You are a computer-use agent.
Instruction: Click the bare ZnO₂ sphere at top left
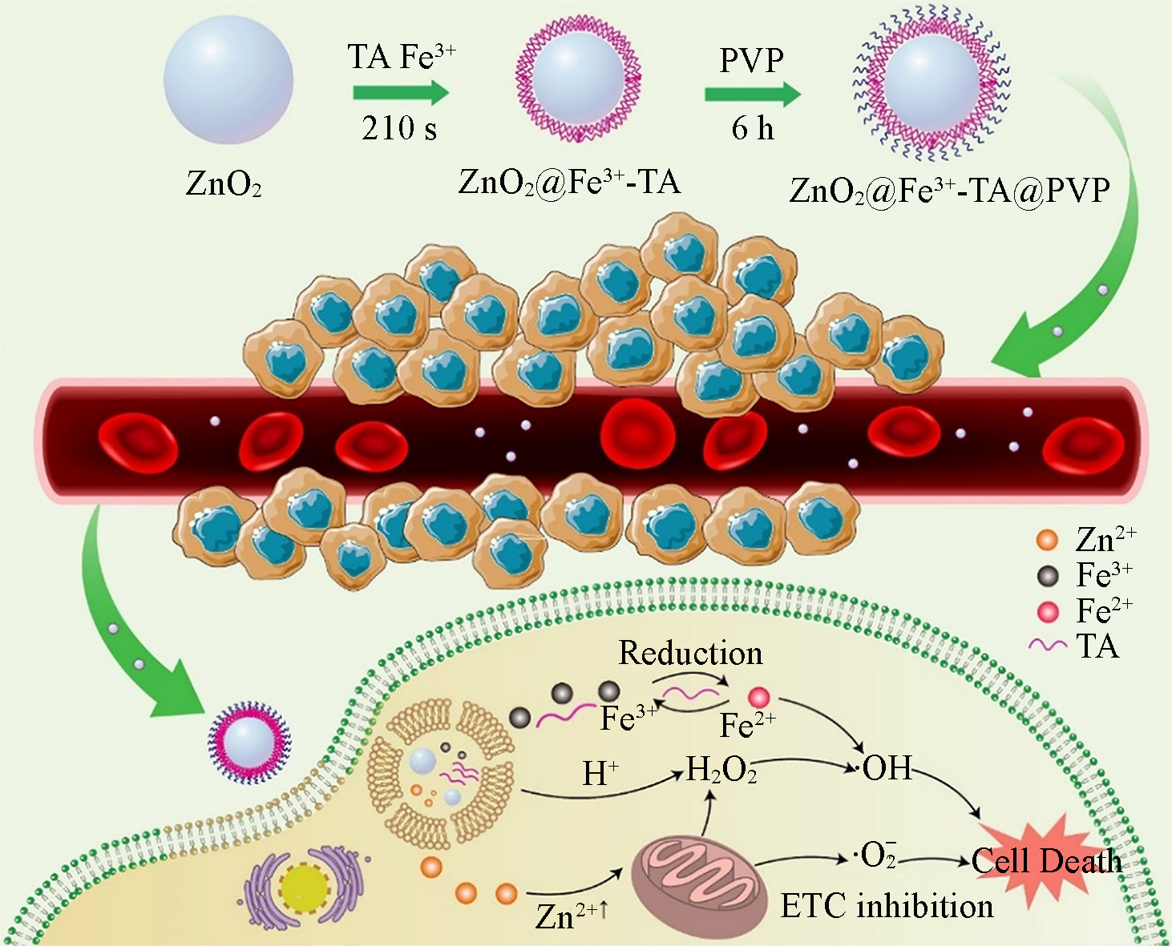point(228,79)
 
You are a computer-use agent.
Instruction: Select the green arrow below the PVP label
point(752,95)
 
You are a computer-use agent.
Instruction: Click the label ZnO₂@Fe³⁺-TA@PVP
point(949,191)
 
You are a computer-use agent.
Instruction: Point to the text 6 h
point(753,128)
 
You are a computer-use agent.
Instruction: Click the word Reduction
point(690,654)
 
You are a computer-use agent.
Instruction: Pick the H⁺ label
point(600,774)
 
